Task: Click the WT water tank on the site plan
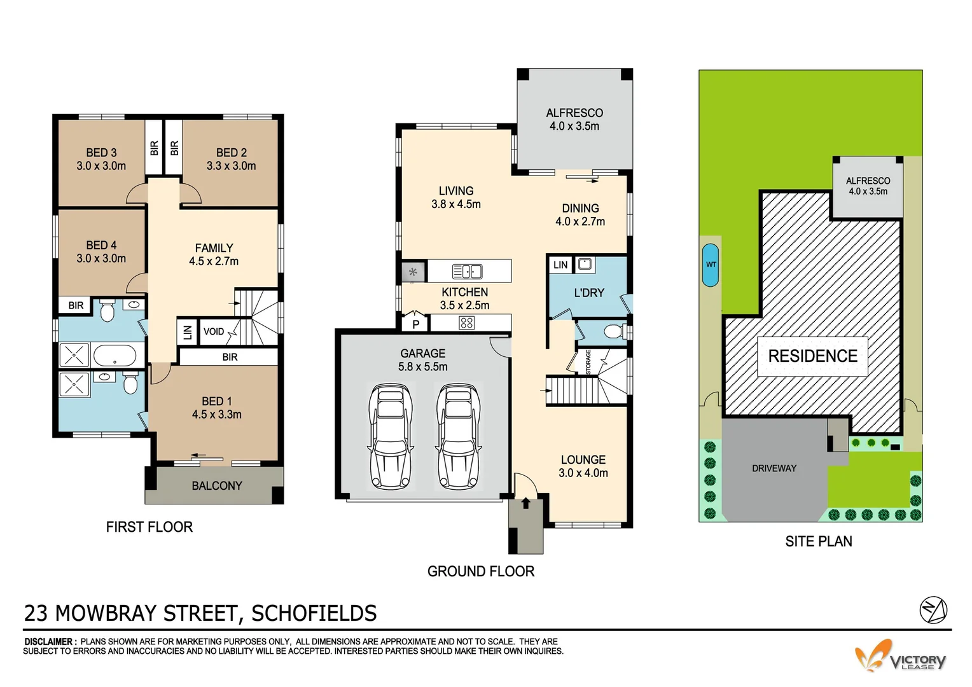pyautogui.click(x=711, y=265)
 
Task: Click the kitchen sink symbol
pyautogui.click(x=467, y=272)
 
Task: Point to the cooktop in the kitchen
pyautogui.click(x=466, y=323)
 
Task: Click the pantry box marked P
pyautogui.click(x=415, y=324)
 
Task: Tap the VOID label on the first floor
pyautogui.click(x=214, y=331)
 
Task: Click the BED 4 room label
pyautogui.click(x=101, y=252)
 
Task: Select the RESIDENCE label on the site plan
pyautogui.click(x=812, y=356)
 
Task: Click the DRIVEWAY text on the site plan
pyautogui.click(x=774, y=468)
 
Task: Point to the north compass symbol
pyautogui.click(x=933, y=611)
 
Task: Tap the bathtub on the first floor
pyautogui.click(x=115, y=355)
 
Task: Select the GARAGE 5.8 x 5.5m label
pyautogui.click(x=422, y=360)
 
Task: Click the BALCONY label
pyautogui.click(x=216, y=486)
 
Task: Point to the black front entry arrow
pyautogui.click(x=525, y=504)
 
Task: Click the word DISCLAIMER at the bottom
pyautogui.click(x=50, y=642)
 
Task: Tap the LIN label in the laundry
pyautogui.click(x=560, y=265)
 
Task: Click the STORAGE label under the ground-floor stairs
pyautogui.click(x=588, y=362)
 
